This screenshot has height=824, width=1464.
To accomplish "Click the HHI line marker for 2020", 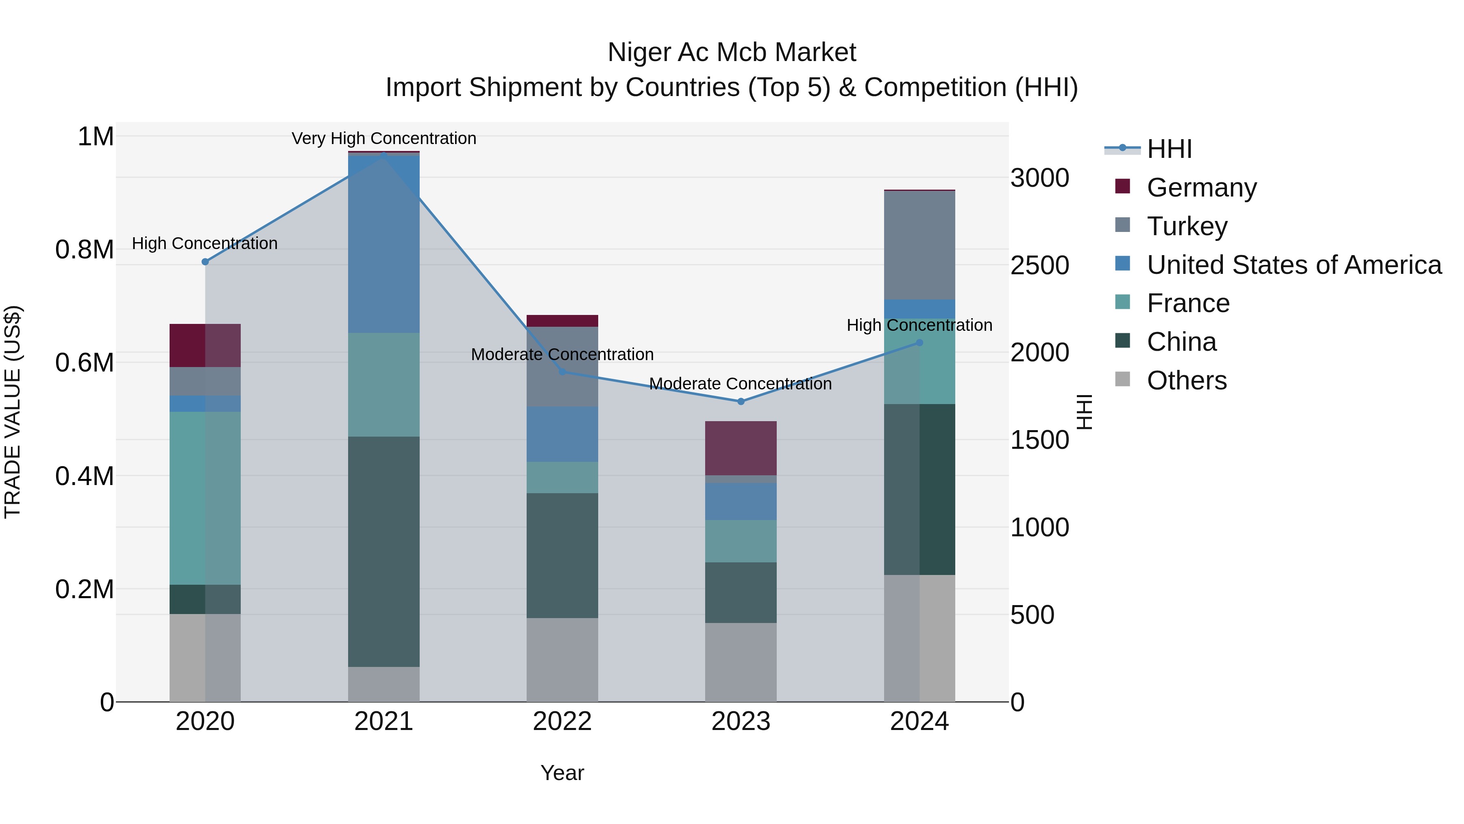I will click(205, 262).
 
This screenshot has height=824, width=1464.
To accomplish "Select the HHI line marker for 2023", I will click(741, 402).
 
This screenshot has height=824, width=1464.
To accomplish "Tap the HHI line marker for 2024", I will click(919, 342).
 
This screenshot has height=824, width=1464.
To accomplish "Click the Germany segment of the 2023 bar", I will click(741, 448).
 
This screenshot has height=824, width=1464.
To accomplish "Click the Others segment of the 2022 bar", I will click(562, 659).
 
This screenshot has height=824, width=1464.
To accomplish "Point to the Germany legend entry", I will click(1201, 188).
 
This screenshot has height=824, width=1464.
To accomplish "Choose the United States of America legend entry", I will click(1294, 265).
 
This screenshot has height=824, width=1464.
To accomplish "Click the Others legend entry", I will click(1186, 380).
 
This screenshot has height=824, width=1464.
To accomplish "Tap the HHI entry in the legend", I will click(1169, 149).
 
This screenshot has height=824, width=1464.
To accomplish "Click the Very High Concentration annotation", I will click(383, 138).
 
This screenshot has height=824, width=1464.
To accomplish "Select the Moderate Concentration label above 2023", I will click(740, 384).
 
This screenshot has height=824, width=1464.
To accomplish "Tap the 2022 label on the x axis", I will click(562, 721).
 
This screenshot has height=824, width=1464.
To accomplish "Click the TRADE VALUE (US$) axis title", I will click(13, 412).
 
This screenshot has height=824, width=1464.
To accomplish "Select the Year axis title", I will click(562, 773).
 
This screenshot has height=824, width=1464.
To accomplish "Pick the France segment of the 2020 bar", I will click(205, 498).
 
